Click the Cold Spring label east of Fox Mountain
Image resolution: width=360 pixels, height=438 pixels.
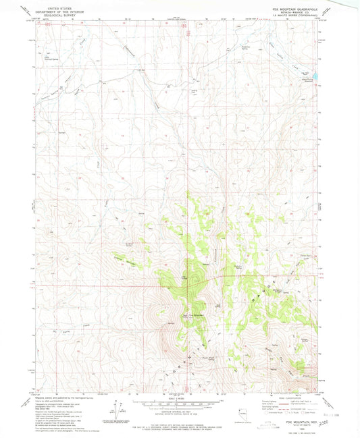pos(218,304)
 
